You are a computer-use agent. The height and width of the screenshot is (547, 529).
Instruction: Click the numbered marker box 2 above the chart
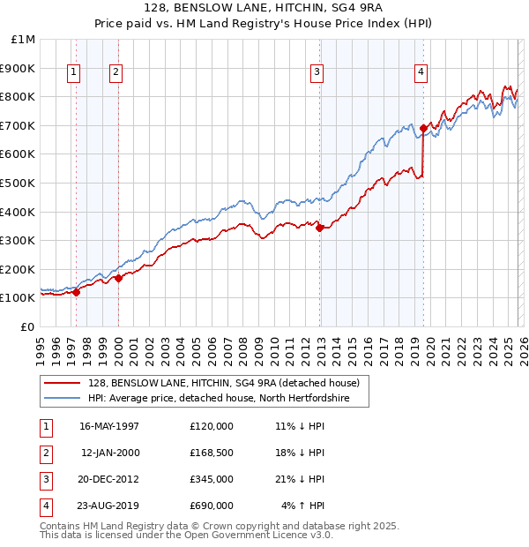116,72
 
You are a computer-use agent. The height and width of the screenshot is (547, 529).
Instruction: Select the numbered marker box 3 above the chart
317,72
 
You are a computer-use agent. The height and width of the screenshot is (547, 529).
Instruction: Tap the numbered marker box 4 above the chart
421,72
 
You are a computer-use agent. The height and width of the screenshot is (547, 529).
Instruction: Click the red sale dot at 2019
423,128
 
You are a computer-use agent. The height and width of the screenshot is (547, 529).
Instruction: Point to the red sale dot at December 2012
319,228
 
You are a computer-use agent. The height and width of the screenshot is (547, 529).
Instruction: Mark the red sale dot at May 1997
77,292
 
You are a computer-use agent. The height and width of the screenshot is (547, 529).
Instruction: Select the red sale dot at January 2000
118,278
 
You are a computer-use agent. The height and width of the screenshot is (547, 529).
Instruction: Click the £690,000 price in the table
212,506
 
